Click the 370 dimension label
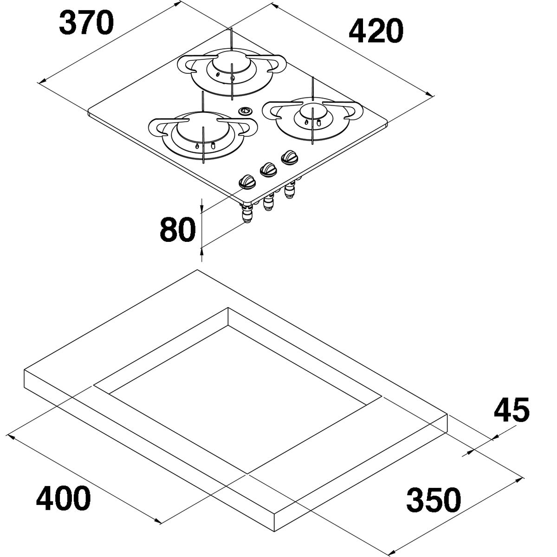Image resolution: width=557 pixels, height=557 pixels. (86, 22)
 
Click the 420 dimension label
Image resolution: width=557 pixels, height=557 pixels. (376, 30)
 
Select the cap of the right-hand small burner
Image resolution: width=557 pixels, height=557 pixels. (312, 111)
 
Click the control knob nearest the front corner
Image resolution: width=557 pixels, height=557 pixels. (247, 182)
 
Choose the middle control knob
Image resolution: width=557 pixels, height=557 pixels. (269, 170)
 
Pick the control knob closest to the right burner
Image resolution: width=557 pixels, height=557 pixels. (289, 157)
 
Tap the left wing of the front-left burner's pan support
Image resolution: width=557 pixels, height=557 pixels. (159, 127)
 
